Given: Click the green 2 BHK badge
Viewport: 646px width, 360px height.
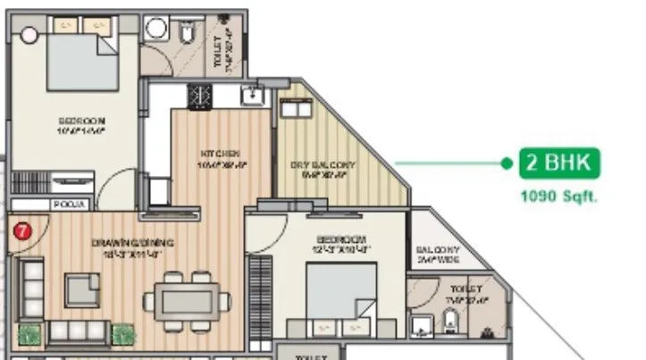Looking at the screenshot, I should tap(560, 164).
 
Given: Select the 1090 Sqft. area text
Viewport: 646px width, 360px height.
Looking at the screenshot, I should tap(560, 195).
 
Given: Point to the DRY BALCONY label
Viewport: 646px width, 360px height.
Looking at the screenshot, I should tap(323, 166).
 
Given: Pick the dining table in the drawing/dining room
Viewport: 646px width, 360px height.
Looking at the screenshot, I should tap(184, 295).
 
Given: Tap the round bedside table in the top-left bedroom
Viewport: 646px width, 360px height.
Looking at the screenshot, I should tap(29, 36).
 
